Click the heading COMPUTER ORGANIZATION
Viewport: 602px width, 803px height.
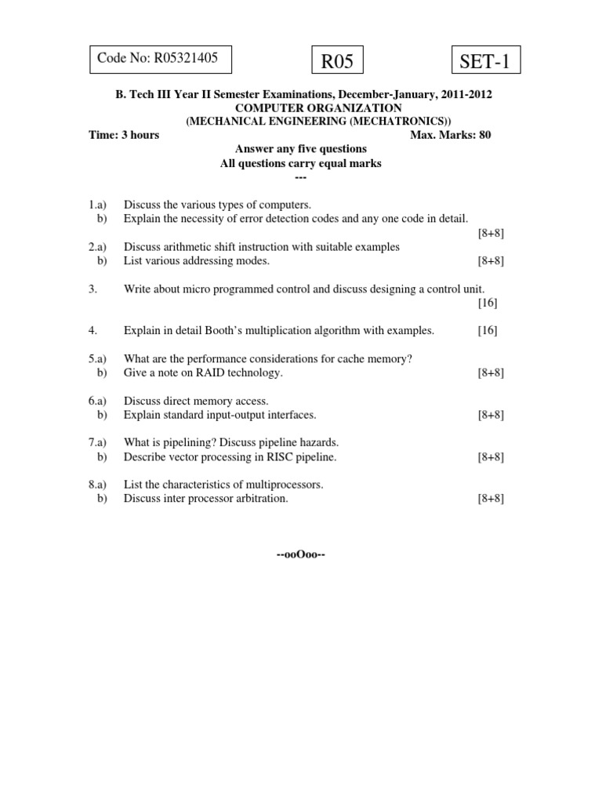(301, 107)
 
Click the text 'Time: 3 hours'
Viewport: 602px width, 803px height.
(124, 135)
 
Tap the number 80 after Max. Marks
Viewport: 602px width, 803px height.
(484, 135)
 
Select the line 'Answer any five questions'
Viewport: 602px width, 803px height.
(301, 149)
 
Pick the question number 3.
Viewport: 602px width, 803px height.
(92, 289)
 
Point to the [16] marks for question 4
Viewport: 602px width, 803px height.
(488, 331)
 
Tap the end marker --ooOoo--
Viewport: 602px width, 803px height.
(301, 555)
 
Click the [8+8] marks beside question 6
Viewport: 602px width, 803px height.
(491, 415)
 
